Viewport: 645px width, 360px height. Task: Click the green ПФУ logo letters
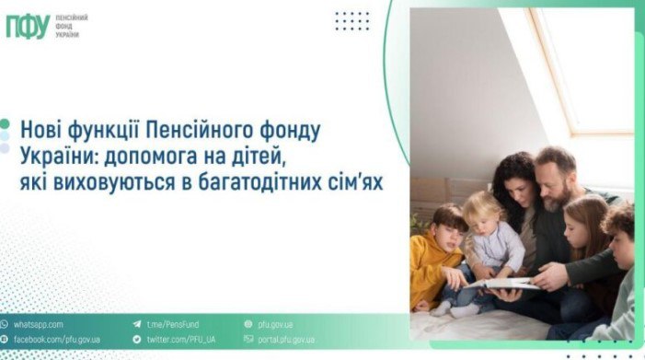[28, 27]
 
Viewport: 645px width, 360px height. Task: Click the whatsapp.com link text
[38, 325]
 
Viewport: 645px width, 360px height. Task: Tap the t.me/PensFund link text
[172, 325]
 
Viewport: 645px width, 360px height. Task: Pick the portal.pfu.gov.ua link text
[290, 340]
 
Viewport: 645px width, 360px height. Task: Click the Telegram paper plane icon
[136, 325]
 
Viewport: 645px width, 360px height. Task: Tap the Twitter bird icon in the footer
[136, 340]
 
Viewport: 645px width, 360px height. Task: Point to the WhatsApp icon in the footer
[6, 325]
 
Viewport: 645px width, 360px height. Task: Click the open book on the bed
[501, 283]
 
